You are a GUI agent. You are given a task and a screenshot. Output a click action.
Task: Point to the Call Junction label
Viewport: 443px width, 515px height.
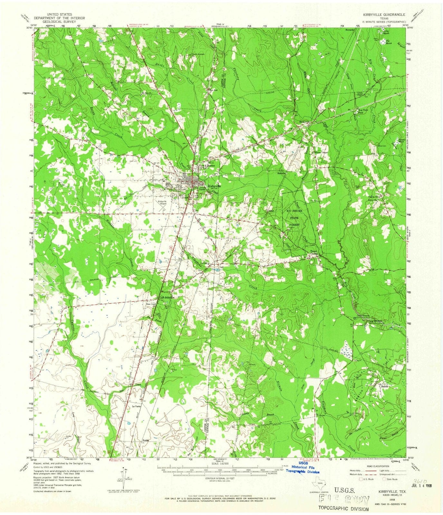[167, 297]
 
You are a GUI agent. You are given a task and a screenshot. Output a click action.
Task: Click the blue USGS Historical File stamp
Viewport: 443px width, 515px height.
[304, 467]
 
